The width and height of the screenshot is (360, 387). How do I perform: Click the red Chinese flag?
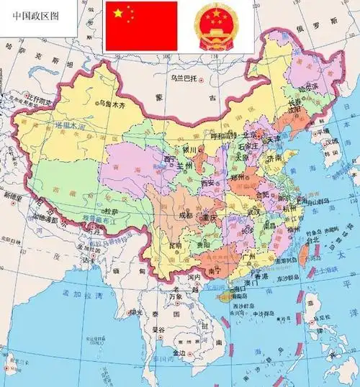pyautogui.click(x=141, y=26)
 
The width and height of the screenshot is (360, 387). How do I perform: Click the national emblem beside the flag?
pyautogui.click(x=217, y=26)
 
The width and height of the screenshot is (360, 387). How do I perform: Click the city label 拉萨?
pyautogui.click(x=109, y=211)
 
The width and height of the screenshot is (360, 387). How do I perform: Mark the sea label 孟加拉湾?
pyautogui.click(x=73, y=293)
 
